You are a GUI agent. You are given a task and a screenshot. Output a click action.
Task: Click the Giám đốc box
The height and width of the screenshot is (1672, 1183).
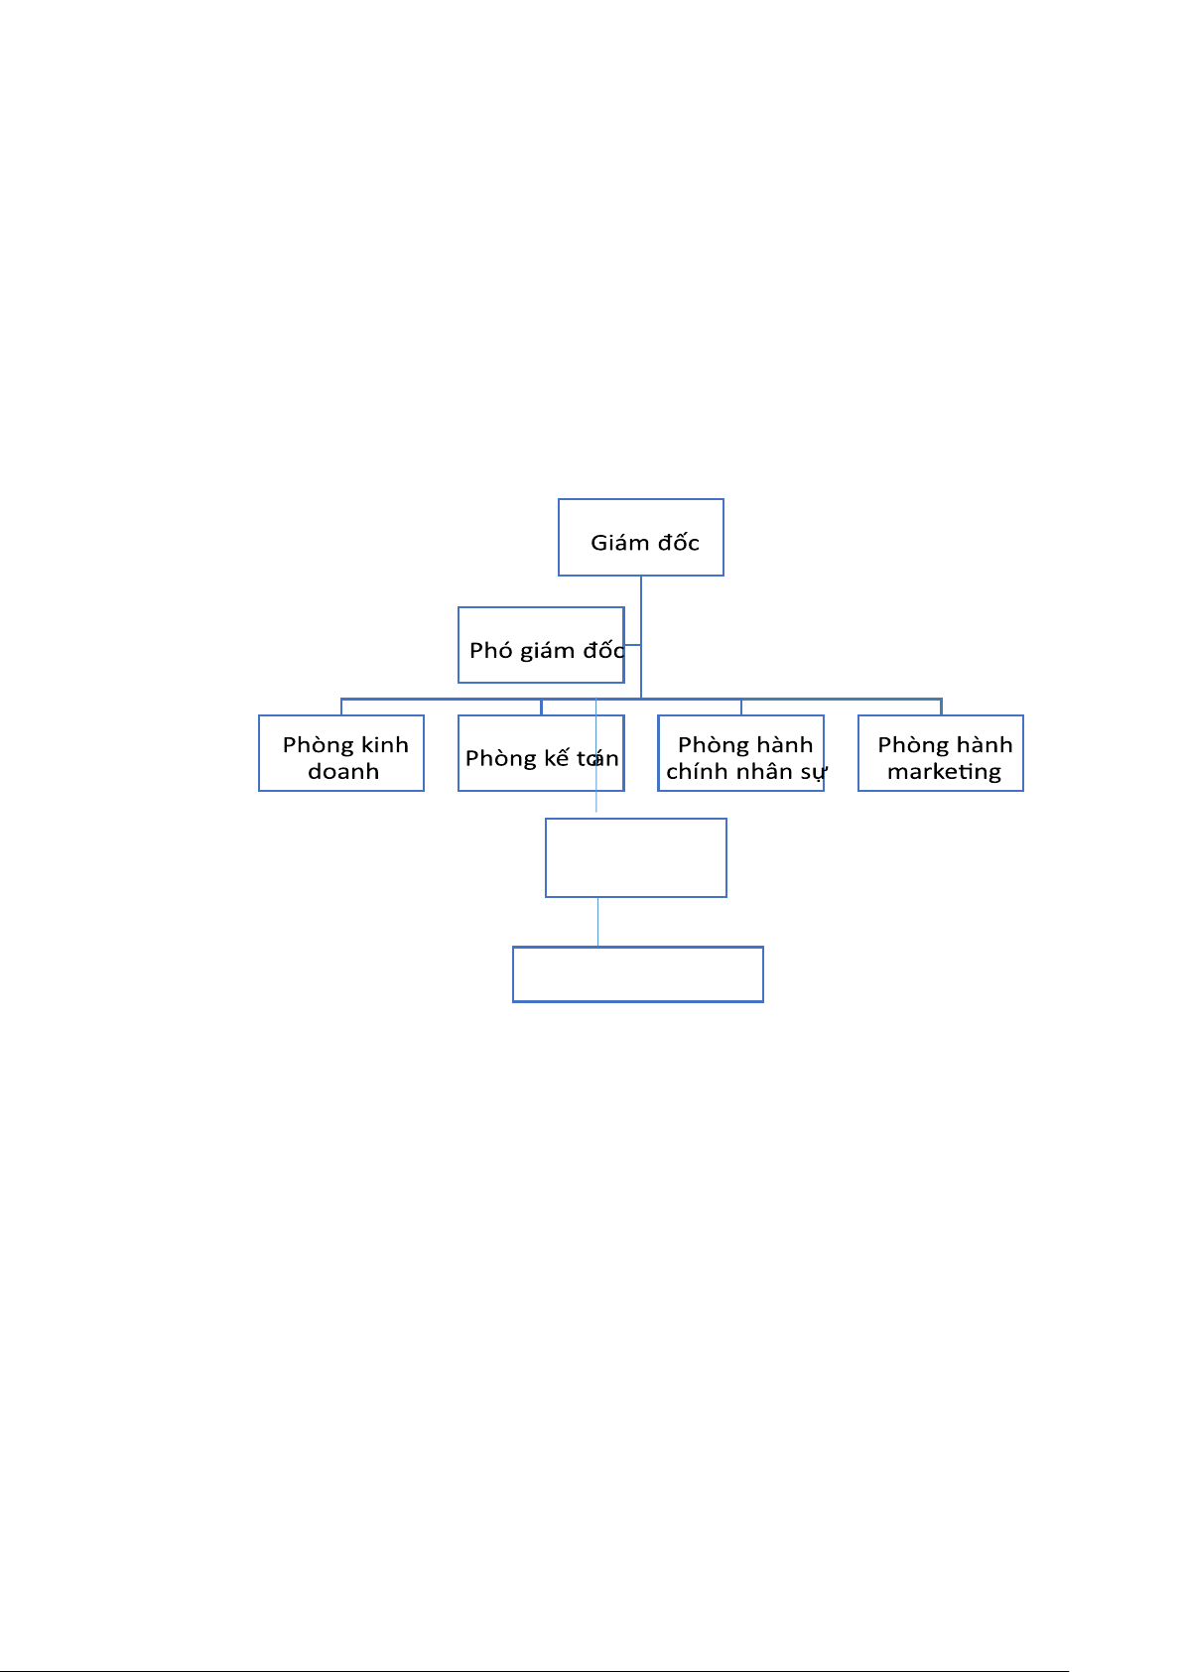[x=640, y=537]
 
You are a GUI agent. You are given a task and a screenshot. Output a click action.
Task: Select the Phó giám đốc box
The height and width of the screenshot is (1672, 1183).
[x=541, y=645]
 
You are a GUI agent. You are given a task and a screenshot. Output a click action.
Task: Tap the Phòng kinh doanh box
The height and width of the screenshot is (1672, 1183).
[x=340, y=753]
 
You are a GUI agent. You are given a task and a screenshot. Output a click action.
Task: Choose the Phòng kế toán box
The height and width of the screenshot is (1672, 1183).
[x=541, y=753]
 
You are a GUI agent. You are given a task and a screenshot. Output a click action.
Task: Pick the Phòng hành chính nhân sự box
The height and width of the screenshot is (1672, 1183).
[x=740, y=753]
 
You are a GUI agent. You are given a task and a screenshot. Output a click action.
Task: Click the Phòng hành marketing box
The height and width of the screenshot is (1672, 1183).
[x=940, y=753]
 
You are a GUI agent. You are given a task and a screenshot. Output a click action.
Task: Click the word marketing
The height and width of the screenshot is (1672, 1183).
[x=944, y=772]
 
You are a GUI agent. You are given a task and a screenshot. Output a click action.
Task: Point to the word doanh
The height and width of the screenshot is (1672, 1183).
[x=343, y=772]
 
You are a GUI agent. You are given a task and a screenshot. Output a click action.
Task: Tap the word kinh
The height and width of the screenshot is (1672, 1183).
[x=384, y=745]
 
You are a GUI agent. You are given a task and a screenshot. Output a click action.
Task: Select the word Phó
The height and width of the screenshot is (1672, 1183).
[x=490, y=651]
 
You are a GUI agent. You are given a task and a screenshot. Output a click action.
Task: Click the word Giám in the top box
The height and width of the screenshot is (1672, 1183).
[x=619, y=543]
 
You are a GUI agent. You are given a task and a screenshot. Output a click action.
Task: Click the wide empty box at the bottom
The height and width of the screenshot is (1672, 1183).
[x=637, y=974]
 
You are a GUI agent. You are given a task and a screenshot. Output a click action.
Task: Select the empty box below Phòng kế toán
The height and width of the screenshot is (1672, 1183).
[x=635, y=857]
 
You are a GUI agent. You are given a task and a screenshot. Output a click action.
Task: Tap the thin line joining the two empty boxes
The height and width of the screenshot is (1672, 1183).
[x=597, y=922]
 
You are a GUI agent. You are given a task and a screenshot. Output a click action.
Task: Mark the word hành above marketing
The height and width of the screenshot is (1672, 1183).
[x=985, y=745]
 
